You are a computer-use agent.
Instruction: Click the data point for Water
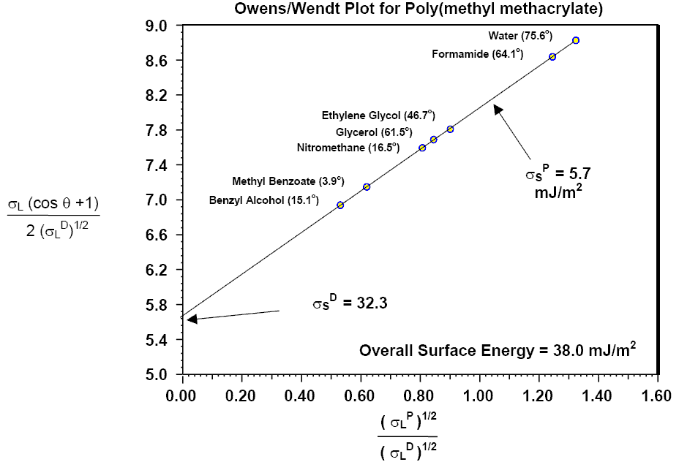point(576,40)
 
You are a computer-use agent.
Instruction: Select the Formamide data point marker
point(552,56)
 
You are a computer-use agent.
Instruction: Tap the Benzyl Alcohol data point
point(340,205)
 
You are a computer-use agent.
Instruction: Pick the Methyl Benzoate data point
point(367,187)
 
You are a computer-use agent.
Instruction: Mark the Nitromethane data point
point(422,148)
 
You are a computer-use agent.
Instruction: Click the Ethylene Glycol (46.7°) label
point(378,115)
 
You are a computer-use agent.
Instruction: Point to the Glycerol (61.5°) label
point(374,132)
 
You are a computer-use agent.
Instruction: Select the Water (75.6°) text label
point(520,35)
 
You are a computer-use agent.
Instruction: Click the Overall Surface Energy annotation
point(498,350)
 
